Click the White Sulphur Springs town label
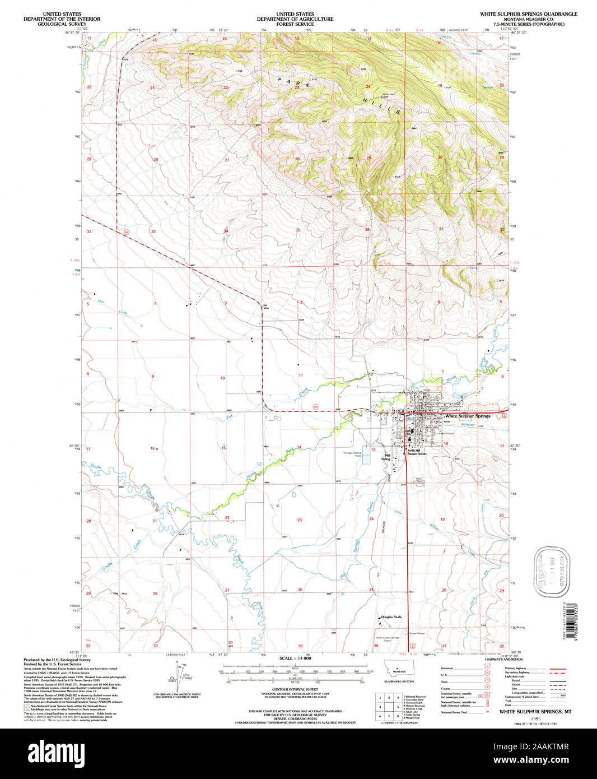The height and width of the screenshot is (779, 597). [x=467, y=416]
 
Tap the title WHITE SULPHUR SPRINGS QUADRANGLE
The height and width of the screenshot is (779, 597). [x=528, y=13]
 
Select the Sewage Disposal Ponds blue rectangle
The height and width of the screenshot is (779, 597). [x=366, y=459]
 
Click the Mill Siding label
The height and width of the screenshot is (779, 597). [x=386, y=457]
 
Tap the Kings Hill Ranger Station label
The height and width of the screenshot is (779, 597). [x=417, y=452]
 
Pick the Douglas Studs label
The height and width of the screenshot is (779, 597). [x=391, y=617]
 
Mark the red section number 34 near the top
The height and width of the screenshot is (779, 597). [x=226, y=231]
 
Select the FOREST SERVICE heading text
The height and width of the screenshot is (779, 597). [x=295, y=24]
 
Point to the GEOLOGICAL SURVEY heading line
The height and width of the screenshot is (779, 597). [x=62, y=24]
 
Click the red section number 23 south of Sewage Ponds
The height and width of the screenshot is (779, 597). [x=300, y=520]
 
